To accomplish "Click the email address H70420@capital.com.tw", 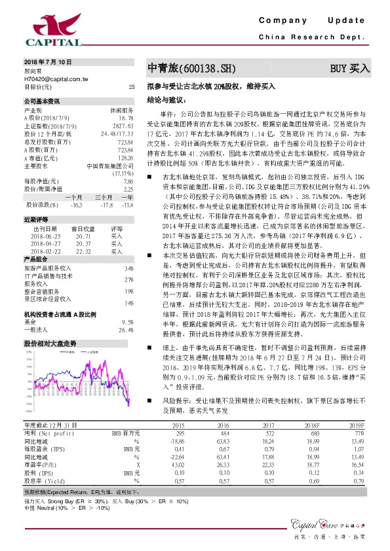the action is (56, 78).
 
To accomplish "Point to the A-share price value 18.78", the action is (126, 118).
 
